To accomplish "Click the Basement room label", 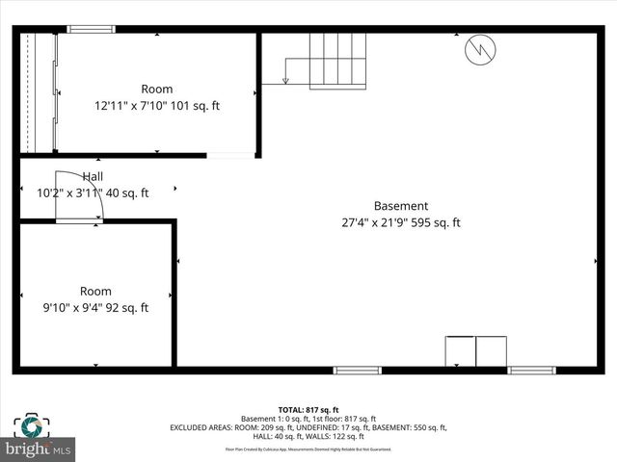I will tap(401, 206).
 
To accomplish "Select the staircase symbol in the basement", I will tap(336, 61).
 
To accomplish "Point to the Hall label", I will tap(93, 176).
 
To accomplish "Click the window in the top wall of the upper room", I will tap(91, 29).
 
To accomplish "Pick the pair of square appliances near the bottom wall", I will tap(475, 350).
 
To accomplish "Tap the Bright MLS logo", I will tap(39, 449).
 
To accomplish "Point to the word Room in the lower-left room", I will tap(95, 291).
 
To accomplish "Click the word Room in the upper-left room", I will tap(157, 89).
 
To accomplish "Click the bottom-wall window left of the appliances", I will tap(357, 371).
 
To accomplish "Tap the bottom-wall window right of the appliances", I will tap(531, 371).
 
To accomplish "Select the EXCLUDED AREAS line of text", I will tap(308, 427).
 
